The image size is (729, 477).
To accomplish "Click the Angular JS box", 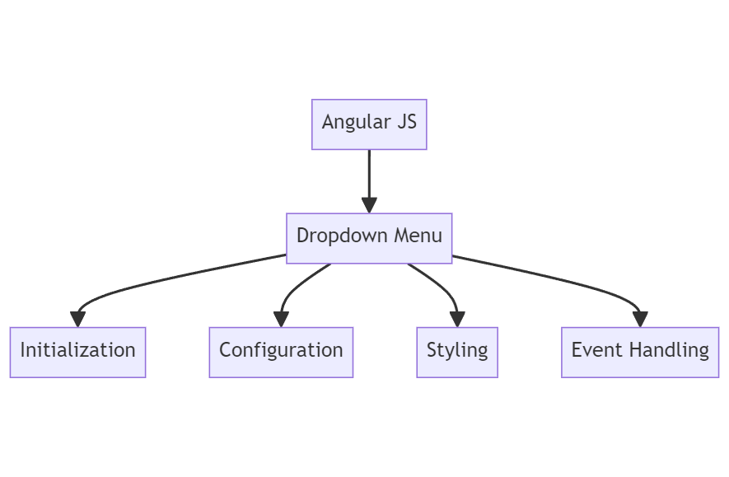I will [369, 124].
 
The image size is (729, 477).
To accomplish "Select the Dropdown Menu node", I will [369, 238].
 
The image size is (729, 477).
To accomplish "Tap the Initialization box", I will [77, 352].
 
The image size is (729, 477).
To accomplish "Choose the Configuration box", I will [281, 352].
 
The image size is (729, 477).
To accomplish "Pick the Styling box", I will [457, 352].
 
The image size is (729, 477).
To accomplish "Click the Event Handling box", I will [640, 352].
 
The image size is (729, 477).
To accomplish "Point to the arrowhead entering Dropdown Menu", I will [369, 206].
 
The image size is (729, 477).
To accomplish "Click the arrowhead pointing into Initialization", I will [78, 320].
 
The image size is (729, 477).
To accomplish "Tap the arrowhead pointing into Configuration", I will [282, 320].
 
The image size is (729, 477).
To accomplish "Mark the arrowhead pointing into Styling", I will [457, 320].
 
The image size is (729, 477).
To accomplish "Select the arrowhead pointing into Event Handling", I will [640, 320].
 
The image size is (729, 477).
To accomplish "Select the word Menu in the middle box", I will [418, 236].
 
